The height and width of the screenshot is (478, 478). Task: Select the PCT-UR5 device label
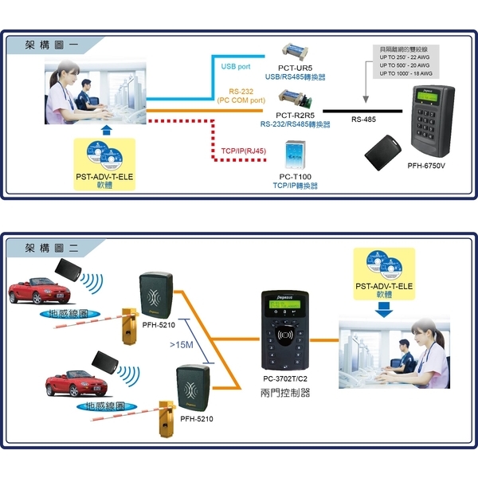point(295,69)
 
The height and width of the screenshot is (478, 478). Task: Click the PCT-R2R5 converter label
point(295,116)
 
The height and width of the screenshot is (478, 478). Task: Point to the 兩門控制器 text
point(286,393)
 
